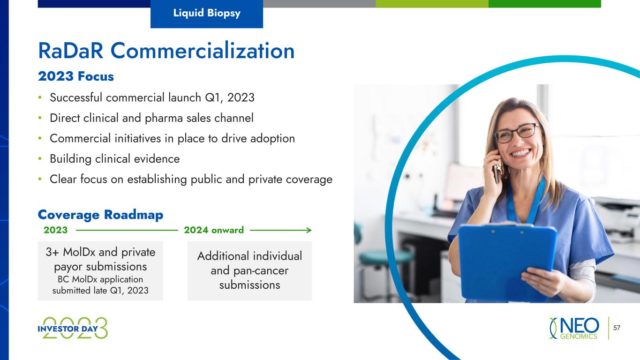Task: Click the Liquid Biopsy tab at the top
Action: (207, 14)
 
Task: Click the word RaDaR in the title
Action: (71, 51)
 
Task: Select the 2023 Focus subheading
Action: (75, 76)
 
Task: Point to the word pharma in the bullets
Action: (164, 119)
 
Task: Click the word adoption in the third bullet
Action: (272, 139)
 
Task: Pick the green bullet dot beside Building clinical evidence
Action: (40, 159)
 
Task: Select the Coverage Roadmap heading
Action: (100, 215)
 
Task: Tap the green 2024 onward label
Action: (214, 230)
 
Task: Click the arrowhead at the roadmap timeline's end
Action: (309, 230)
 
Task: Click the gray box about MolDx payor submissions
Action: (100, 270)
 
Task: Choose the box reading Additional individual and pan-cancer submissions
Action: (249, 270)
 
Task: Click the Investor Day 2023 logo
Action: (73, 328)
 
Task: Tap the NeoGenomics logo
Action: (574, 328)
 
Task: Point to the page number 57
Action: (617, 328)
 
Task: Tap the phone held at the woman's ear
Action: (497, 172)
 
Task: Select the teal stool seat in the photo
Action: (386, 257)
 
